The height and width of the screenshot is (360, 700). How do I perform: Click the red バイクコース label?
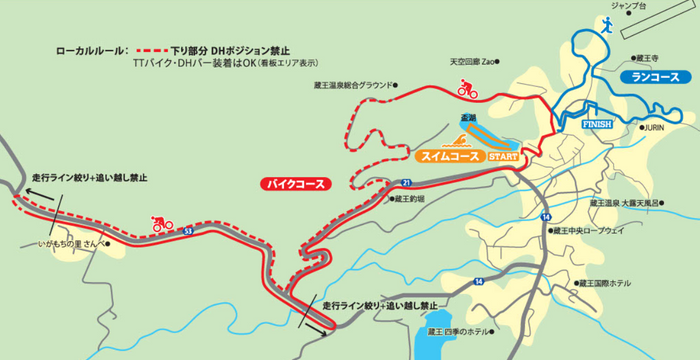[x=294, y=183]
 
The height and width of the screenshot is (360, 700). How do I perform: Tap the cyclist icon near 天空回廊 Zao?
[x=466, y=89]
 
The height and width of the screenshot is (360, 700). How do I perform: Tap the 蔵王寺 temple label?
[x=650, y=58]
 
